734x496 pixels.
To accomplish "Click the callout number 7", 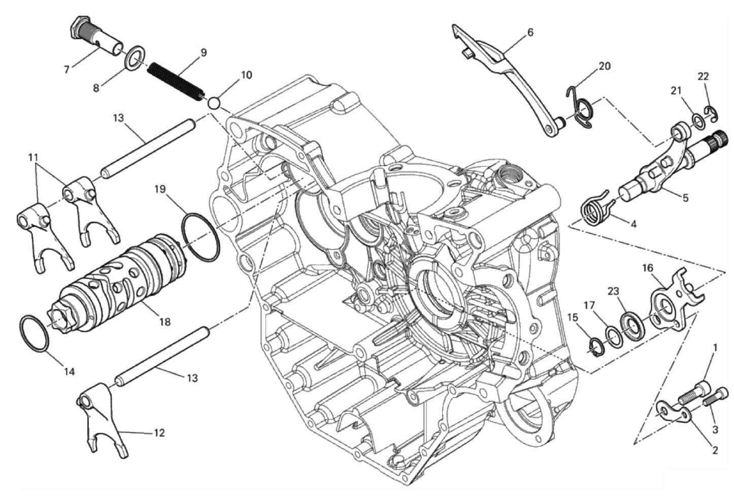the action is coord(67,70).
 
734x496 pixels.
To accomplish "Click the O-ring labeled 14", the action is coord(35,338).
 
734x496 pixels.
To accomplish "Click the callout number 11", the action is coord(34,157).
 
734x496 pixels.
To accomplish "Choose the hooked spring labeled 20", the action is coord(580,106).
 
